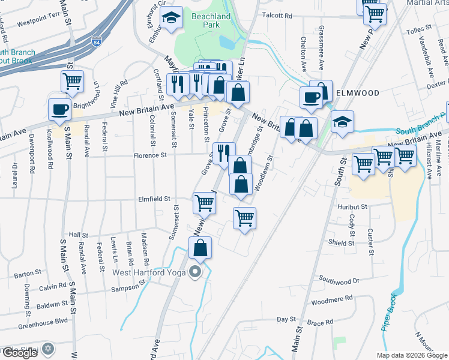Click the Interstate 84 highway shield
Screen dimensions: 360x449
97,43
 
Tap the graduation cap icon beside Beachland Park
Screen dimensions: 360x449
172,19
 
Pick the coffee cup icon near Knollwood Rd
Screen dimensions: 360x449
59,110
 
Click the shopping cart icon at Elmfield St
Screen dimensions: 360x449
204,203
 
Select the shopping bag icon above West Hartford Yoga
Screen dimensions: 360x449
200,247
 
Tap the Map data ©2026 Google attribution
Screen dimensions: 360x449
411,355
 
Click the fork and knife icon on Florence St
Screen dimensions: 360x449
223,152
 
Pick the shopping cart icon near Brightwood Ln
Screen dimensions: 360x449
72,80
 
